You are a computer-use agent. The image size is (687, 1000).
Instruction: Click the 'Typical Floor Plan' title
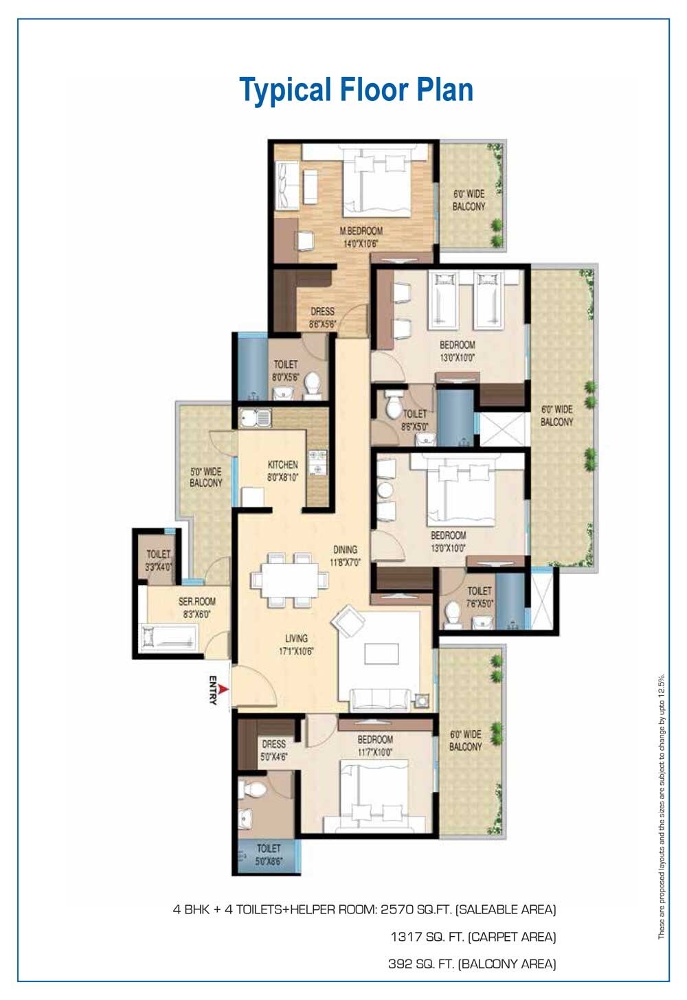tap(356, 90)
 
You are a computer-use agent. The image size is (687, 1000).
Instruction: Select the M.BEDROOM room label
tap(361, 231)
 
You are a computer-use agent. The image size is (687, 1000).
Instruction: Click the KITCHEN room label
tap(282, 465)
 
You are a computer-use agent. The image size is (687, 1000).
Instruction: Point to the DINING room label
tap(345, 549)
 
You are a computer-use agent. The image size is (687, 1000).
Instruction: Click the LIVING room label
tap(296, 638)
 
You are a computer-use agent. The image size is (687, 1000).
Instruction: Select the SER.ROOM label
tap(196, 602)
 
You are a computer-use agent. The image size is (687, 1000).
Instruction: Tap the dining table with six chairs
tap(289, 580)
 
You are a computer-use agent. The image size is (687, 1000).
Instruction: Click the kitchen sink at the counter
tap(255, 417)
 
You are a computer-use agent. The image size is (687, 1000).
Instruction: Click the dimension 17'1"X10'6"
tap(296, 651)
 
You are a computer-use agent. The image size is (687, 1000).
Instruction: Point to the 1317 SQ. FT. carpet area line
tap(473, 936)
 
